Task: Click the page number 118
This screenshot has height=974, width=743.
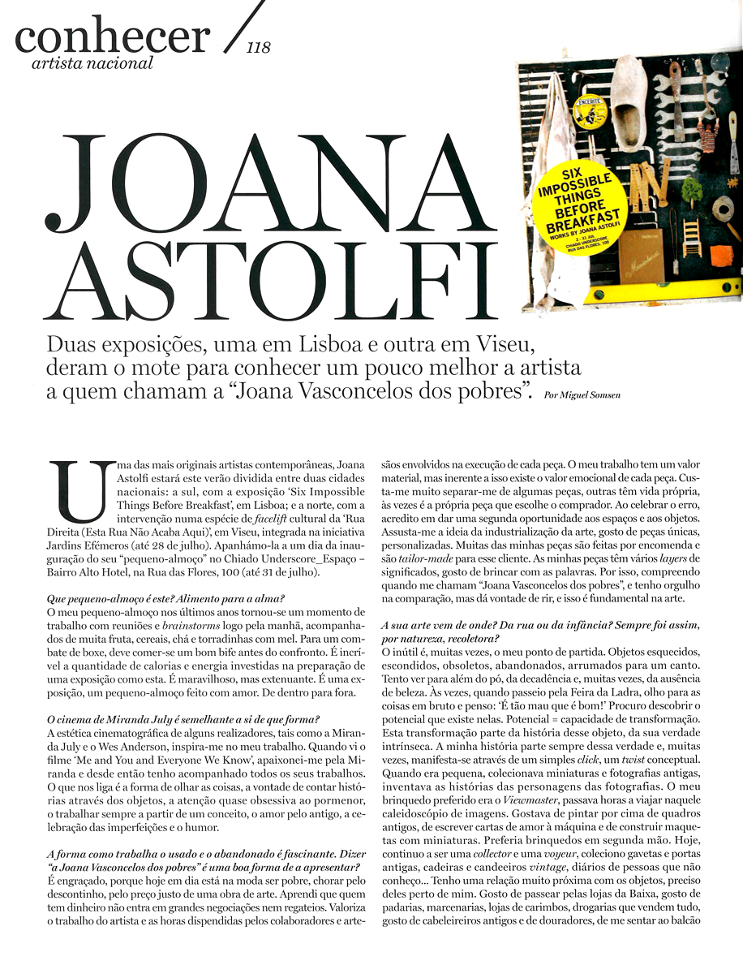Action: tap(259, 48)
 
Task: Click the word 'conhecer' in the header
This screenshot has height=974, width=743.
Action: tap(112, 35)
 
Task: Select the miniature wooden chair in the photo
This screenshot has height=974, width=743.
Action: tap(690, 236)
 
